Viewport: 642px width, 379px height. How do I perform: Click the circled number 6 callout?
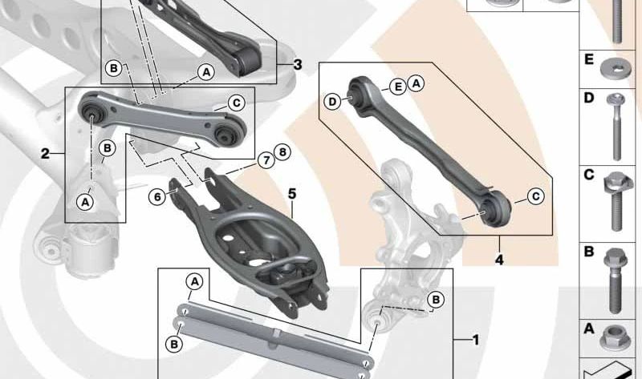(157, 197)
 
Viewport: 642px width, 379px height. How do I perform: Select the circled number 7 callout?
(266, 160)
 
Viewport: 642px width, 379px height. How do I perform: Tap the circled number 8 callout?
(282, 152)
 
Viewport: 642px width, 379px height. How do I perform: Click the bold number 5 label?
(292, 194)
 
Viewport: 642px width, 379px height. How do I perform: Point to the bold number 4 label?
(499, 260)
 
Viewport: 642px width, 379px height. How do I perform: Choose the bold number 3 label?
(298, 64)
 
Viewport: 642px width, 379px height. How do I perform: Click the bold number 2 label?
(45, 154)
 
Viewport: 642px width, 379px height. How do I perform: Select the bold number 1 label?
(475, 340)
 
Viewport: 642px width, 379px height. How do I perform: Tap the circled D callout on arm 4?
(333, 102)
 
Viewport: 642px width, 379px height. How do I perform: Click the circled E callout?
(397, 87)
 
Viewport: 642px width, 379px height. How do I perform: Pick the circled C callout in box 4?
(535, 196)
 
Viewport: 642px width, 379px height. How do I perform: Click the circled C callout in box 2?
(236, 103)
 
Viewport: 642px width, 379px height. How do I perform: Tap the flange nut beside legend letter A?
(615, 337)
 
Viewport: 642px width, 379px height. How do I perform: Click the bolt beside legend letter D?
(616, 127)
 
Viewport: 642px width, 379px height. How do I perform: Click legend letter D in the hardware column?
(589, 98)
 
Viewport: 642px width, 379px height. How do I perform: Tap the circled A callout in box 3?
(206, 72)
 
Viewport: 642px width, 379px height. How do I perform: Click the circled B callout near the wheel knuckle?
(436, 300)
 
